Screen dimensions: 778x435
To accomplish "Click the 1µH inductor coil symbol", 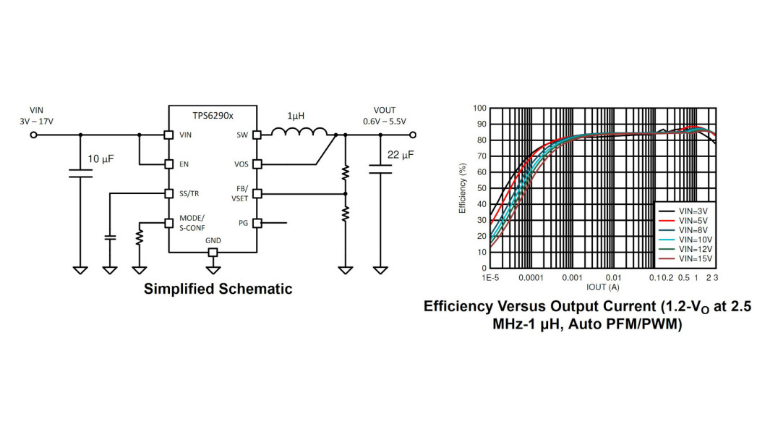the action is click(x=299, y=132).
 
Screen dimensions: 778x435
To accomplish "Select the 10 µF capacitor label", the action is click(x=101, y=159).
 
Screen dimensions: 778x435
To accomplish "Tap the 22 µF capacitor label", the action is click(x=401, y=155).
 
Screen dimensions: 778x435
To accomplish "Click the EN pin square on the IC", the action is click(x=168, y=164).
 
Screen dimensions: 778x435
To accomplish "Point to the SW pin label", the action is click(x=242, y=135).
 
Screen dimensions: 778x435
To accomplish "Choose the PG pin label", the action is click(x=243, y=223).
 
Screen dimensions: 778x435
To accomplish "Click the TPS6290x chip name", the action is click(x=213, y=116).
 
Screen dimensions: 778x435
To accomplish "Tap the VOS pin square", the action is click(x=257, y=164).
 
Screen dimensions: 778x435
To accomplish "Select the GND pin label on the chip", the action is click(x=213, y=240).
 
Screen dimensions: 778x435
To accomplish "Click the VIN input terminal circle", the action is click(x=34, y=135).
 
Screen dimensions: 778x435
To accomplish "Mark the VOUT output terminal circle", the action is click(x=413, y=135).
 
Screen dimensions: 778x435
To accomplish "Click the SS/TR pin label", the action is click(x=189, y=194).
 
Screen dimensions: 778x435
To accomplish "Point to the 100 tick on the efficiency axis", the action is click(x=480, y=109).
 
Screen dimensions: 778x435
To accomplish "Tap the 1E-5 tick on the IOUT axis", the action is click(x=490, y=278).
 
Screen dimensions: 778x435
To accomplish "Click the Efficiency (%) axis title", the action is click(x=463, y=188).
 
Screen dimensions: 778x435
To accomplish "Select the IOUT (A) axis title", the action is click(x=603, y=287).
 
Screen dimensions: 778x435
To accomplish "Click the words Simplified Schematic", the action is click(x=218, y=289).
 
